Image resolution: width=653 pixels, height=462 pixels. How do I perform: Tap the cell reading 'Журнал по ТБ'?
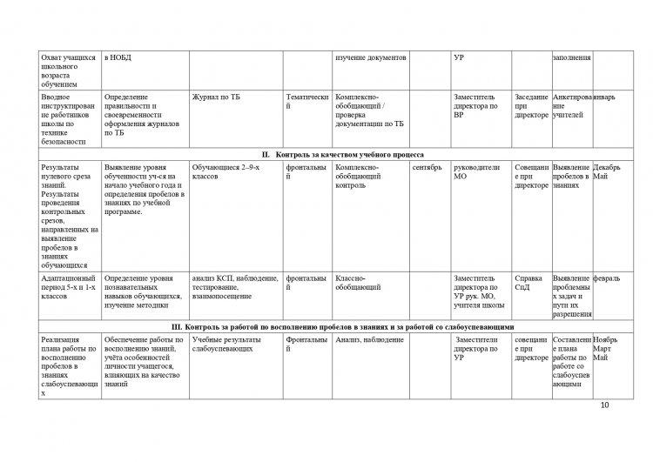click(x=217, y=97)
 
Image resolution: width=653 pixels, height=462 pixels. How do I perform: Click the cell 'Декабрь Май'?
click(x=607, y=171)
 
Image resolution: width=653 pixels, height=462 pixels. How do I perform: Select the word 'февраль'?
click(x=607, y=278)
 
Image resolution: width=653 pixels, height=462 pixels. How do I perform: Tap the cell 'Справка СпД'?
click(x=528, y=283)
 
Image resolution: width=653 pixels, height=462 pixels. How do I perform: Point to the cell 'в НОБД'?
click(x=118, y=57)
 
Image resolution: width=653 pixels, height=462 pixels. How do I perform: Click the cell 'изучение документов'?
click(x=371, y=57)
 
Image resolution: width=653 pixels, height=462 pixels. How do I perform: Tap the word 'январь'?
click(x=605, y=97)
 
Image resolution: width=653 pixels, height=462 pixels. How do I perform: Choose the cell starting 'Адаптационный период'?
click(x=70, y=287)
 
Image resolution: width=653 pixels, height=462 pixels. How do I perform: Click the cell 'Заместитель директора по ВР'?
click(x=476, y=105)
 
